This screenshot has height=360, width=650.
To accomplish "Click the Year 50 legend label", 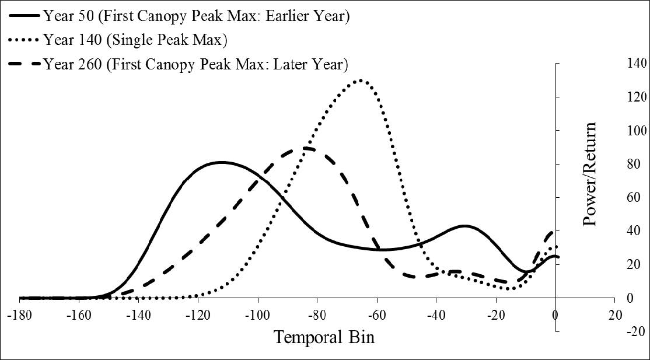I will (x=196, y=16).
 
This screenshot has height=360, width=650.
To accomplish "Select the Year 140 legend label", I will (x=135, y=40).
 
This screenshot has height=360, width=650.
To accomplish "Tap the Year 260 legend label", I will (x=195, y=64).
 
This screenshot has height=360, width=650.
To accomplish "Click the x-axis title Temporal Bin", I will (x=324, y=337).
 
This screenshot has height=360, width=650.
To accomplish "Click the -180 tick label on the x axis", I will (x=19, y=313).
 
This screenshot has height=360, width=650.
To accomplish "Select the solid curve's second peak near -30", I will (x=464, y=226).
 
